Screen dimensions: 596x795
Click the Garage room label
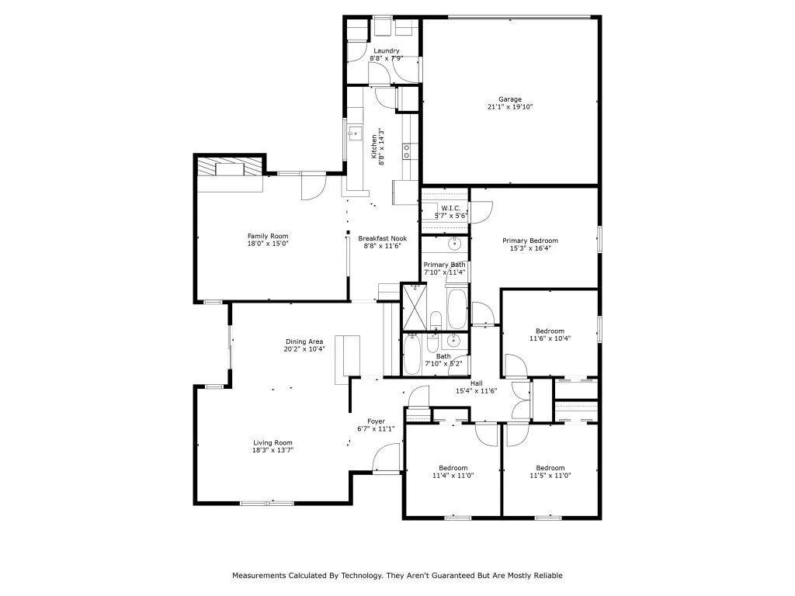coord(510,99)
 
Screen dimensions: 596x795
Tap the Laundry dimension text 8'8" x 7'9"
coord(385,59)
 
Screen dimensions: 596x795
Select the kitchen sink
coord(355,133)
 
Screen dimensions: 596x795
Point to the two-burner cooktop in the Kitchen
coord(406,151)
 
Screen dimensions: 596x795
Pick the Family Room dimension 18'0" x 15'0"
coord(268,244)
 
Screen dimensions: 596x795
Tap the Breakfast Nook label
coord(383,238)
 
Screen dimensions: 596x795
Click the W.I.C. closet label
coord(451,208)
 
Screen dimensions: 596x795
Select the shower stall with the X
coord(413,307)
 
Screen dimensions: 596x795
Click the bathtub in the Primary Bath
coord(457,308)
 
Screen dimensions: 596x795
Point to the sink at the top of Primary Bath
coord(456,244)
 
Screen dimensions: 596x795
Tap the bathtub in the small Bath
coord(412,354)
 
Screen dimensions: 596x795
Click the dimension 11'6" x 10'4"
coord(550,338)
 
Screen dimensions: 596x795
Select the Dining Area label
coord(305,341)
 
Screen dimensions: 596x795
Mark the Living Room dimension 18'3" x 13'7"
coord(273,450)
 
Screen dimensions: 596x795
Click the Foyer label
coord(376,421)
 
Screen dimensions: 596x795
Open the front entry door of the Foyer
coord(385,459)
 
